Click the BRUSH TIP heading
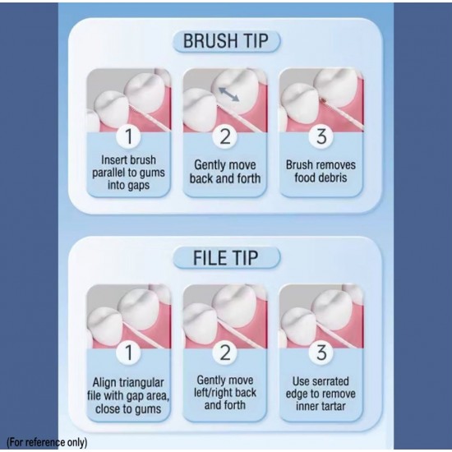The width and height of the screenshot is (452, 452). pos(226,41)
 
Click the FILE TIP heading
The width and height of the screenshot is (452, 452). pos(225,258)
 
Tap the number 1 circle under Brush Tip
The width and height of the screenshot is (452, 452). pos(128,136)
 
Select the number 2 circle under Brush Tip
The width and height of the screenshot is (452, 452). pos(225,136)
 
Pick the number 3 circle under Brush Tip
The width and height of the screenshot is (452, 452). pos(321,136)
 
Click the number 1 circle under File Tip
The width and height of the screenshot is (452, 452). pos(128,353)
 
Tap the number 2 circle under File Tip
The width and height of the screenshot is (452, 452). pos(225,353)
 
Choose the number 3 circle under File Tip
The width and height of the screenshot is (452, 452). pos(321,353)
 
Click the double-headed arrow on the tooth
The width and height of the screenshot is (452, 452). pos(229,95)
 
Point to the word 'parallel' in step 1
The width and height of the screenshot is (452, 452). pos(109,173)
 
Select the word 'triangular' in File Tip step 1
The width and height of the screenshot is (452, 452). pos(142,383)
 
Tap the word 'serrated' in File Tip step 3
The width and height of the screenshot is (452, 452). pos(331,381)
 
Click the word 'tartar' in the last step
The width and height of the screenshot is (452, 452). pos(333,407)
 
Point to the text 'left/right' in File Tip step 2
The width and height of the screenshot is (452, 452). pos(213,393)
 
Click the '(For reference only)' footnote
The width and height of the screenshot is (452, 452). pos(47,442)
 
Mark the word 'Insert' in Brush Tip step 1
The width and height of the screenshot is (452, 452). pos(114,160)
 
